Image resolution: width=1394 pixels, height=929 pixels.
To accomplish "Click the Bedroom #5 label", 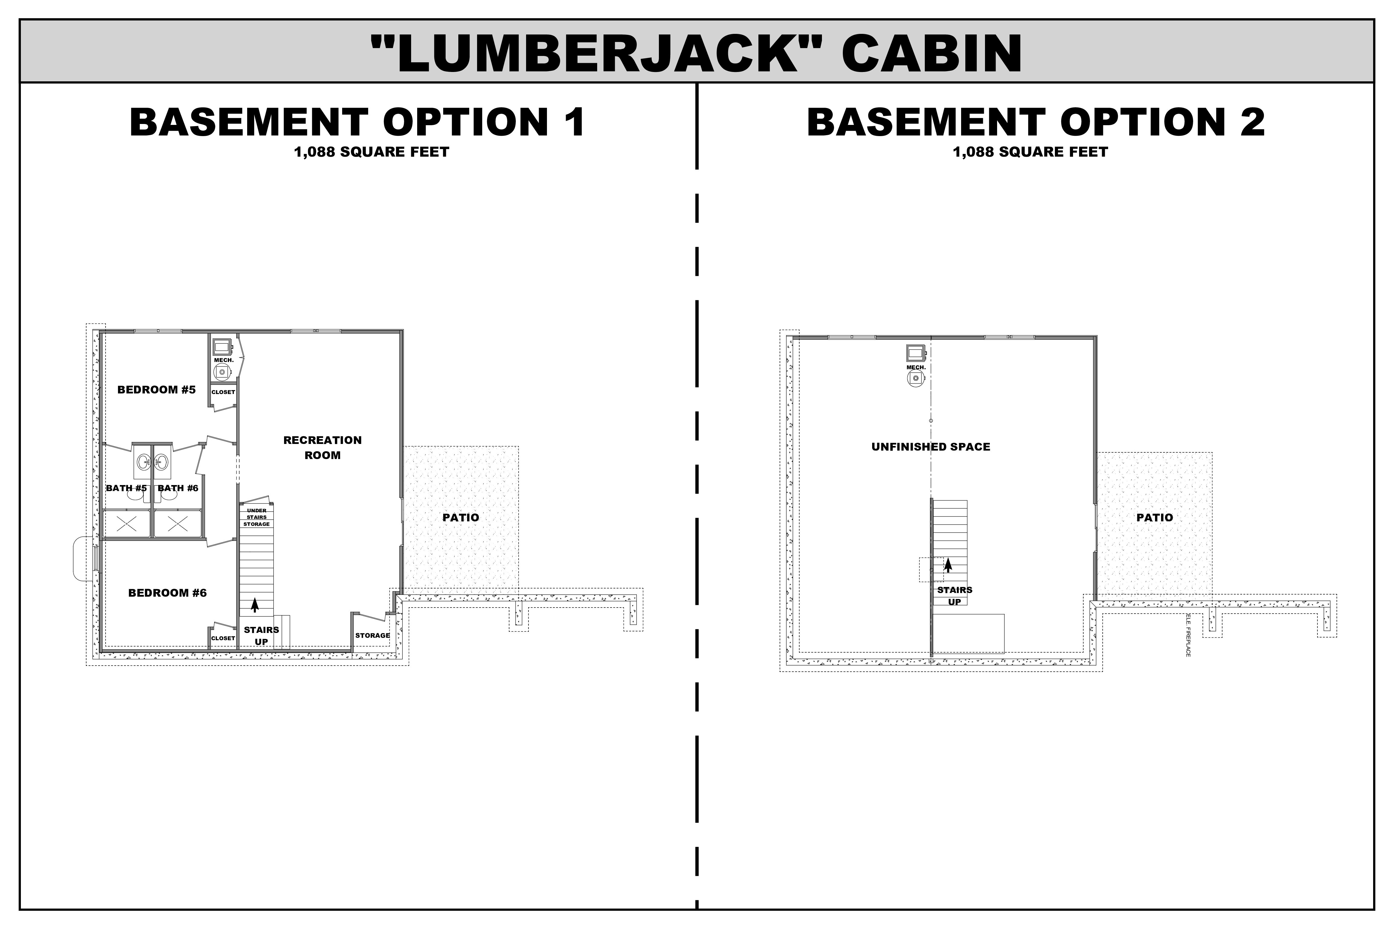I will click(x=156, y=390).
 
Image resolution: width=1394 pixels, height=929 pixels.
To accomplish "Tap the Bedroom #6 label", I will click(x=167, y=593).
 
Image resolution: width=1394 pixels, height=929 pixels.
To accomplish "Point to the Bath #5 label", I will click(x=126, y=488).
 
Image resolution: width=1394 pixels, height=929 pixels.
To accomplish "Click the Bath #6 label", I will click(x=178, y=488).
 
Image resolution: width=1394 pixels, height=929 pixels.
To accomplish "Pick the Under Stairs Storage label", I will click(x=257, y=517).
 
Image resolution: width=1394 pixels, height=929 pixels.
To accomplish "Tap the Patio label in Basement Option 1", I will click(x=460, y=518).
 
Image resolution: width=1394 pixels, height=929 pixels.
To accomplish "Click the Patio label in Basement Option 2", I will click(x=1154, y=518).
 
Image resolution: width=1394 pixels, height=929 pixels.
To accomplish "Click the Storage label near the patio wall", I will click(x=372, y=636).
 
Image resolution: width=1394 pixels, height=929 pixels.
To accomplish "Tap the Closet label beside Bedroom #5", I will click(x=224, y=392).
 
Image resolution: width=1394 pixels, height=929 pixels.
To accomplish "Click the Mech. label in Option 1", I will click(x=224, y=360).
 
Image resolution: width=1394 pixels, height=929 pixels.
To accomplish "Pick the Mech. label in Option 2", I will click(x=916, y=368).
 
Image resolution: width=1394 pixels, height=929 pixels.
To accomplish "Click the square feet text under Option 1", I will click(x=371, y=152).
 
